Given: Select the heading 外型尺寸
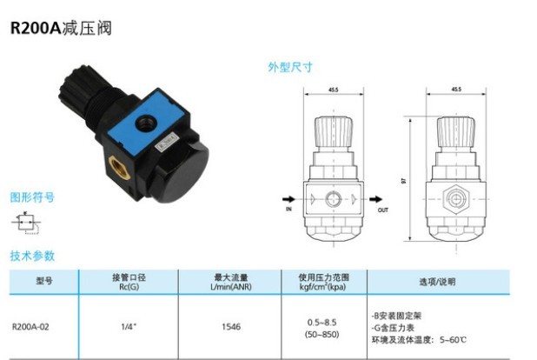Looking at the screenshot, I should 289,67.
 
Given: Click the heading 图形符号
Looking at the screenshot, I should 32,197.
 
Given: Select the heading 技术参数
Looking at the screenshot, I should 32,256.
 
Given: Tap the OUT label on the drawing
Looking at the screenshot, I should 383,210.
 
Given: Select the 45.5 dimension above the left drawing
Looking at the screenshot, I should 334,89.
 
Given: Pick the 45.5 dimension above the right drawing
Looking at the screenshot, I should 457,89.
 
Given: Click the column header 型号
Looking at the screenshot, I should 44,282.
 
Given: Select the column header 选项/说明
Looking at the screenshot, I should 437,282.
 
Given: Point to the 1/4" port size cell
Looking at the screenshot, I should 128,328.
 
